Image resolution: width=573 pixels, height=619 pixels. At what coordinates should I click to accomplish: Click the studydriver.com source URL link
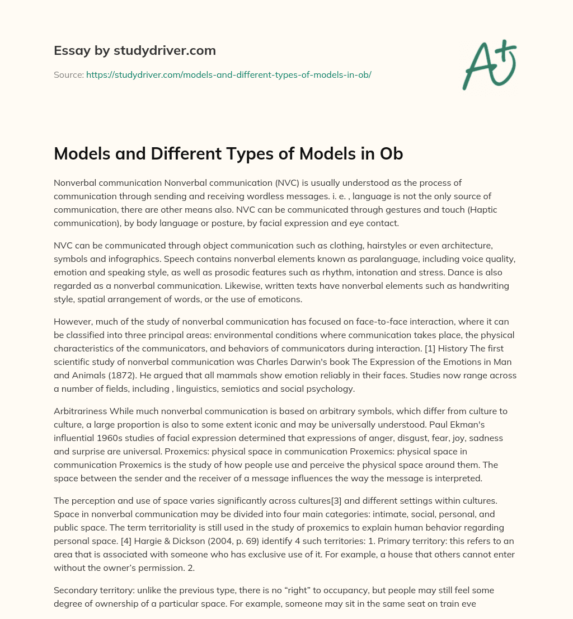(229, 74)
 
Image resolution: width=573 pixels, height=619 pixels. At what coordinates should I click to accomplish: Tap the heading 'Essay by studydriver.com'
(135, 50)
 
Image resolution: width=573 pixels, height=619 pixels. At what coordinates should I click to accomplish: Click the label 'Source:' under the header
(68, 74)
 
